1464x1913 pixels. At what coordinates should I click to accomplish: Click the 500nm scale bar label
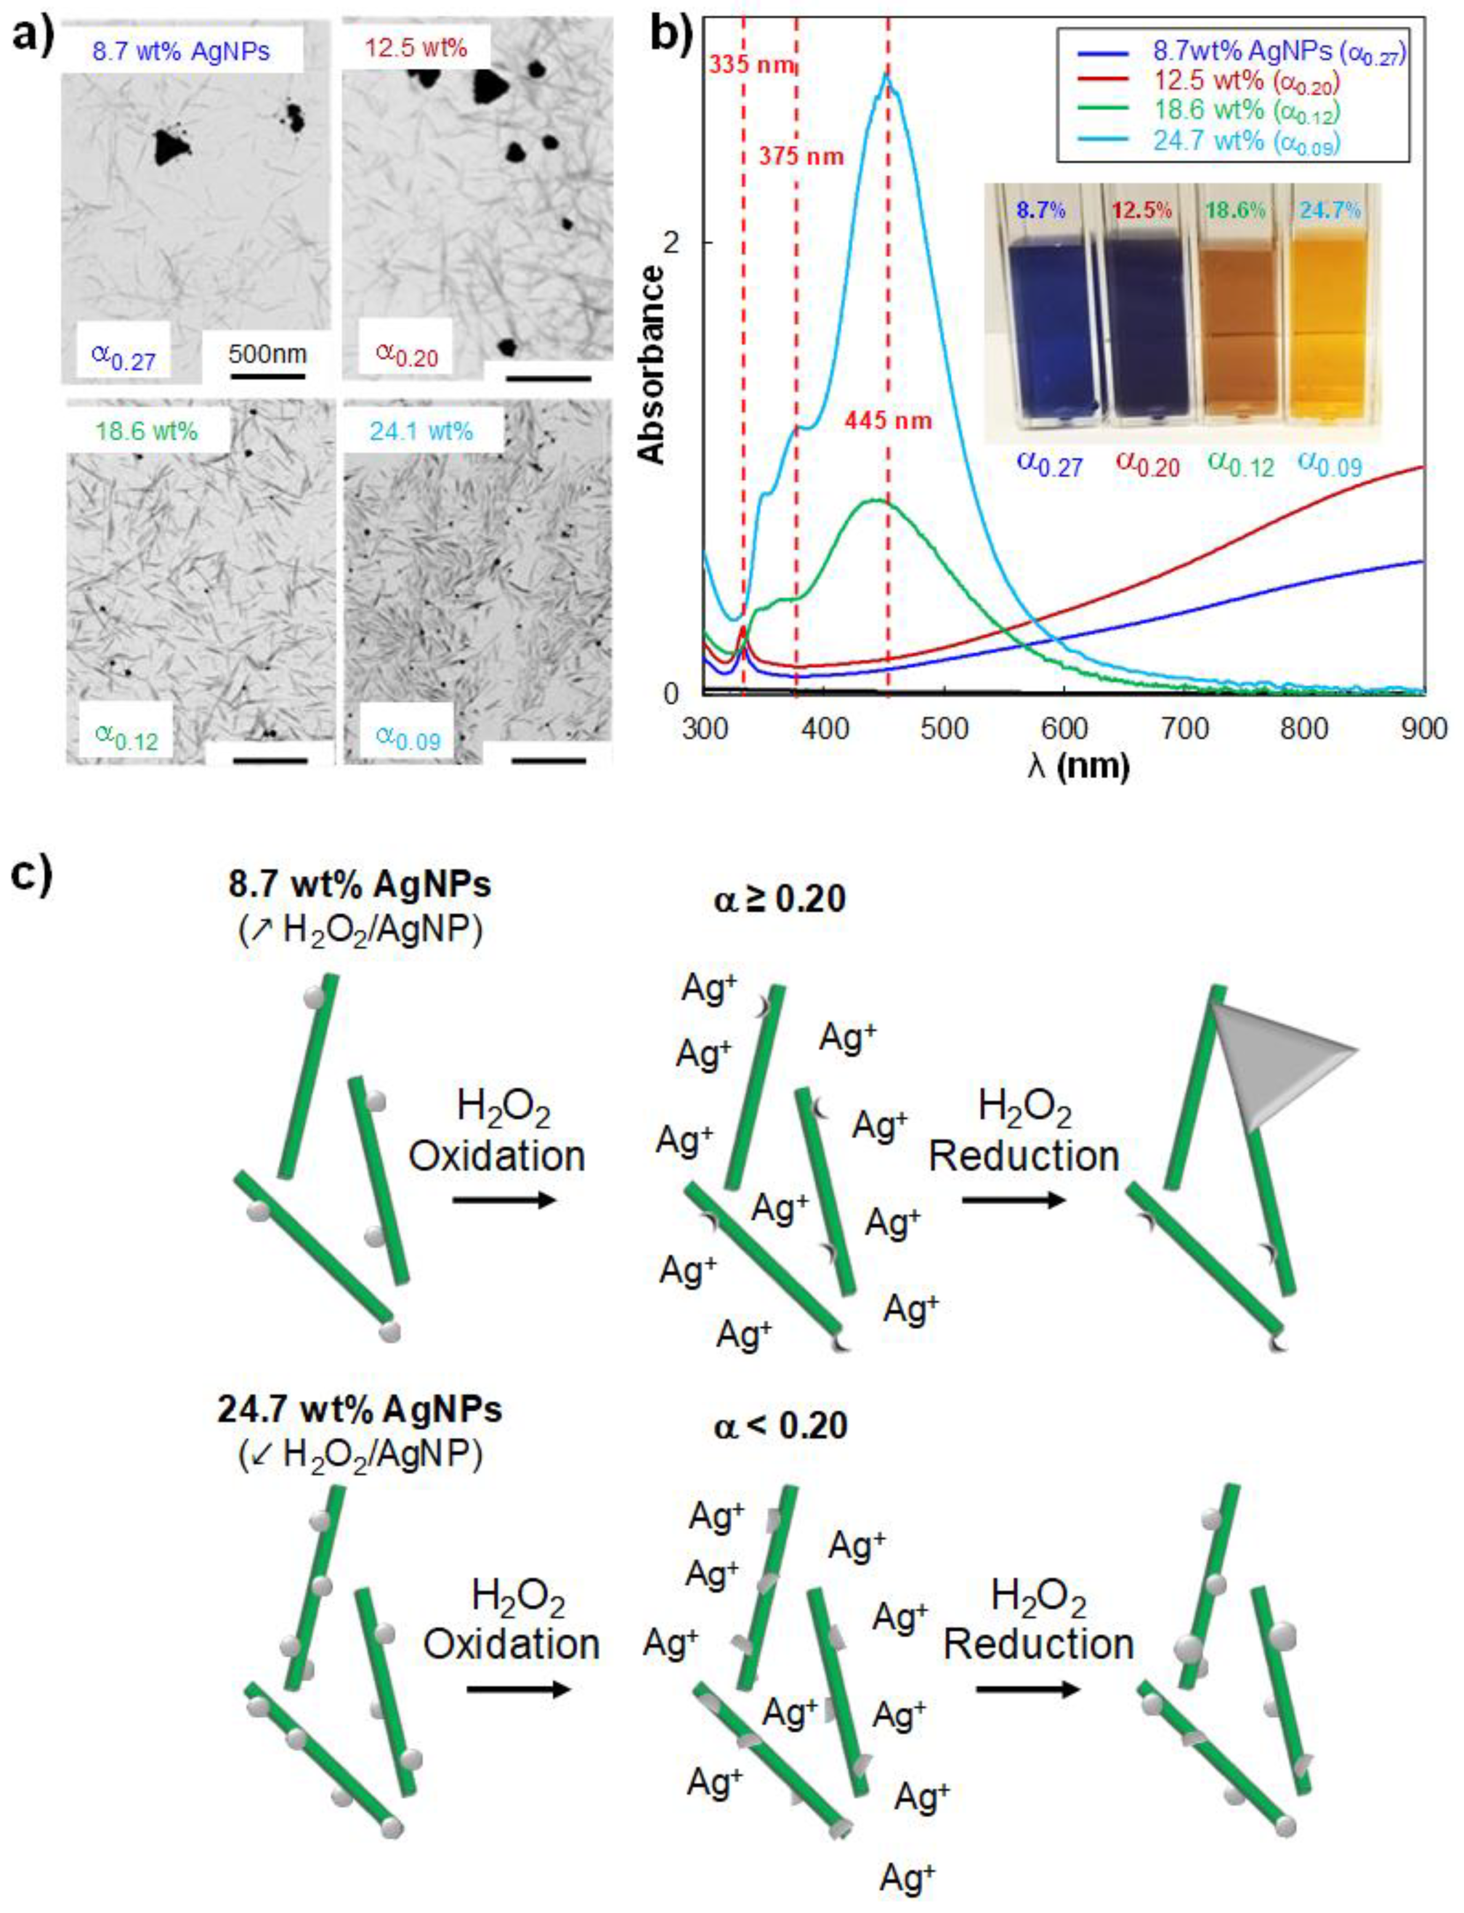pos(268,355)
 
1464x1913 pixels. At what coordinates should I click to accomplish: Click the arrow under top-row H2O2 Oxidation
pos(504,1200)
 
